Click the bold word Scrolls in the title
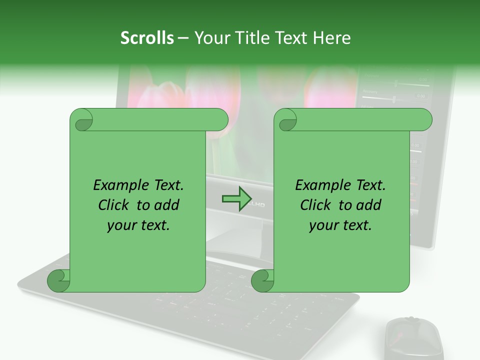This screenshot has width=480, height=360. pyautogui.click(x=147, y=38)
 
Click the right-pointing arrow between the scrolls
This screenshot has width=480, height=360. pyautogui.click(x=236, y=199)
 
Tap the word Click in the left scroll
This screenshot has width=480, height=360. pyautogui.click(x=115, y=205)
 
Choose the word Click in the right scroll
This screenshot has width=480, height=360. pyautogui.click(x=316, y=205)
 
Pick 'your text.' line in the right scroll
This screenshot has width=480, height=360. pyautogui.click(x=340, y=225)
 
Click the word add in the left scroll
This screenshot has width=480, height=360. pyautogui.click(x=167, y=205)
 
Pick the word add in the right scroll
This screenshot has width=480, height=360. pyautogui.click(x=369, y=205)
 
